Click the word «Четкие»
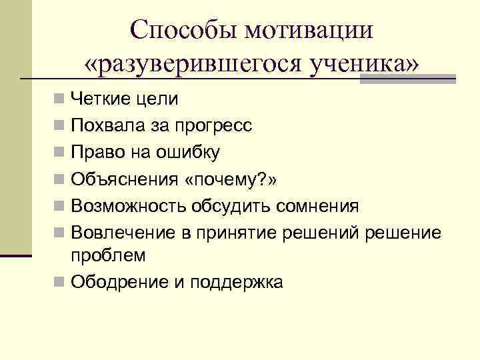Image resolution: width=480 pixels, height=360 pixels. coord(103,100)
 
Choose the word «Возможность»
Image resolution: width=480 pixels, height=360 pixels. coord(129,205)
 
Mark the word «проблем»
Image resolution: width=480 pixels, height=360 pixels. coord(107,255)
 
